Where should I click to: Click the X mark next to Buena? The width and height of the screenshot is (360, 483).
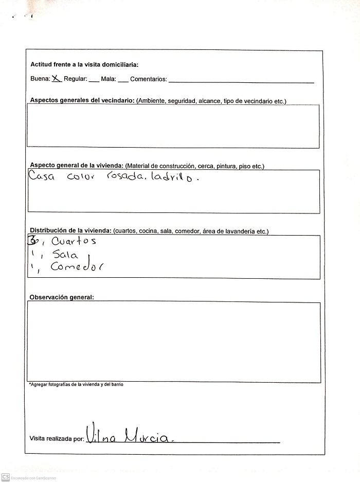click(x=57, y=79)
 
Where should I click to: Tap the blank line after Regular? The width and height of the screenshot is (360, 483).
click(x=94, y=81)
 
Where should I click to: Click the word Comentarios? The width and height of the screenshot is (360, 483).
click(x=148, y=79)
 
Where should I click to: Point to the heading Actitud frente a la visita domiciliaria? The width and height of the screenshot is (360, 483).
click(x=84, y=65)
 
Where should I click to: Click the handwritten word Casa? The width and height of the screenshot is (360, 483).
click(x=43, y=177)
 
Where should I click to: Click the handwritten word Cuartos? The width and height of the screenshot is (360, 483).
click(x=74, y=241)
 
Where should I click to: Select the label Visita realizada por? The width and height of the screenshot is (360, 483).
click(x=57, y=439)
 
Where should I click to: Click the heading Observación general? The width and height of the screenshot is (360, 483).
click(x=62, y=297)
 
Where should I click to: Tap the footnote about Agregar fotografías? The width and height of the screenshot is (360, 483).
click(x=76, y=385)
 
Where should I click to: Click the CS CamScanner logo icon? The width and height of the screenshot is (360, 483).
click(x=6, y=477)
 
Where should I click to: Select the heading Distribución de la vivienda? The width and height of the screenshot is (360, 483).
click(x=70, y=231)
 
